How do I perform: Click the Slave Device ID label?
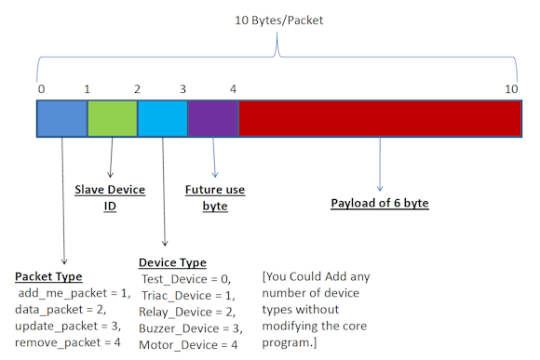pos(110,197)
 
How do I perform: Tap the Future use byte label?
pos(215,197)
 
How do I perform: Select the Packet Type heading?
pos(48,277)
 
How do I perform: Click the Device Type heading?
pos(172,262)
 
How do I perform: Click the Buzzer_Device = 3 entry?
pos(187,328)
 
